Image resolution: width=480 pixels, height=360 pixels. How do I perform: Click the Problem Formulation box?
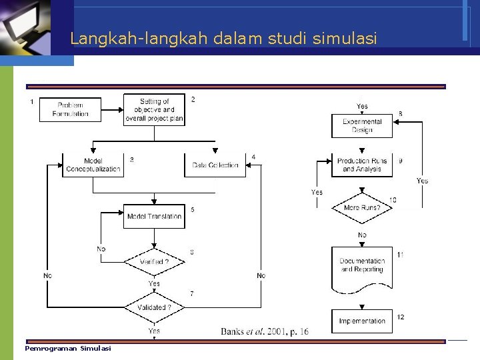point(70,109)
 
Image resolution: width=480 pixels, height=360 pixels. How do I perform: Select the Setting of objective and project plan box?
point(154,110)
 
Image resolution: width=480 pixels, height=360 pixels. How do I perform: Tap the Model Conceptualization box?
point(93,165)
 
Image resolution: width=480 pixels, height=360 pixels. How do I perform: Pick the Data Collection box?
point(215,165)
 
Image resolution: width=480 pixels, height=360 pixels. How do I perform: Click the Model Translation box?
point(154,216)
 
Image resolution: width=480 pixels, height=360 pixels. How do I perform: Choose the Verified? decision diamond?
point(154,262)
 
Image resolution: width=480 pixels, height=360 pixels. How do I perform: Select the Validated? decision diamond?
point(154,307)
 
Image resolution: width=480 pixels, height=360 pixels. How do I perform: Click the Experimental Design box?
point(362,126)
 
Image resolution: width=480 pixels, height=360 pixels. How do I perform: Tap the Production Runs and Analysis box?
point(362,165)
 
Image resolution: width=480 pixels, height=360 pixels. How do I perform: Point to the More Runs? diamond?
point(362,207)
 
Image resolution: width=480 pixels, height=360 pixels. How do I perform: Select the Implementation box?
point(362,321)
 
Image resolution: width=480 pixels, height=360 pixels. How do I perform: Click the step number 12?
point(400,317)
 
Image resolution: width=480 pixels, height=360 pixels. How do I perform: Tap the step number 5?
point(193,209)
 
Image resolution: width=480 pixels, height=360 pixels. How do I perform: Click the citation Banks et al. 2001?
point(265,331)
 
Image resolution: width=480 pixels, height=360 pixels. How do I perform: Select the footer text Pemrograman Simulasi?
point(68,349)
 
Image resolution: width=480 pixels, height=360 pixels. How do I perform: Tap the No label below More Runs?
point(362,235)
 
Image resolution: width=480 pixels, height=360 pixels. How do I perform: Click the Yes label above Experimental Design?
point(362,106)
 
